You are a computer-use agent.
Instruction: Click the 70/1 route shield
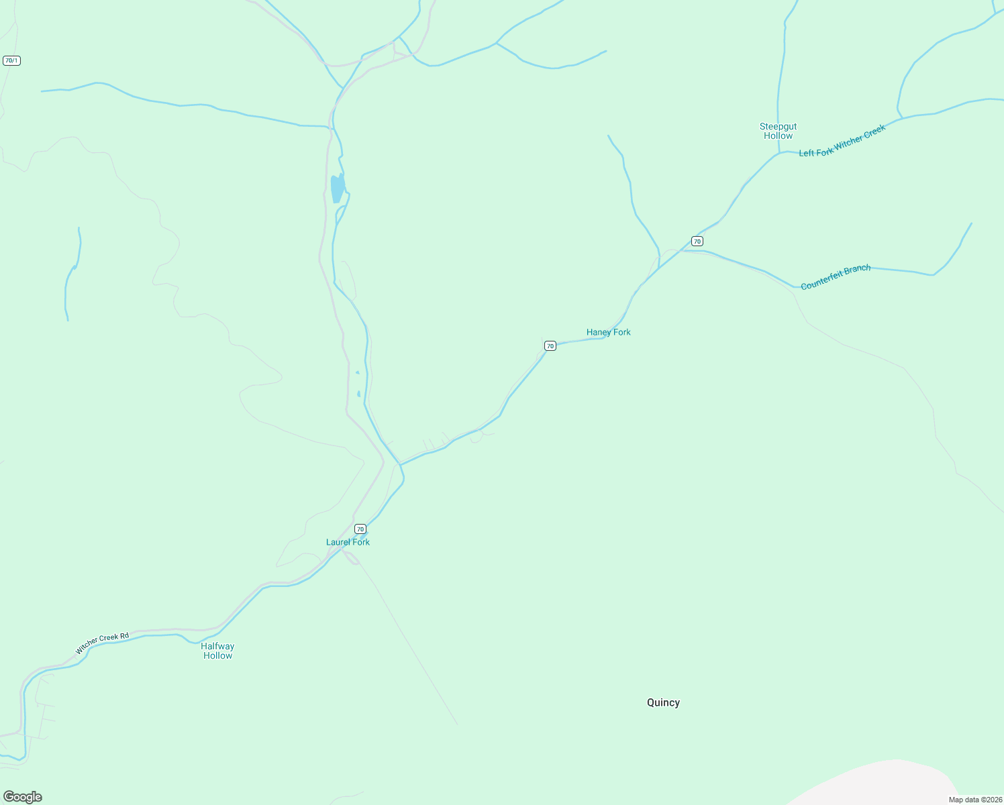pyautogui.click(x=11, y=60)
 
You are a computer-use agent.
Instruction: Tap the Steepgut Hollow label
pyautogui.click(x=778, y=131)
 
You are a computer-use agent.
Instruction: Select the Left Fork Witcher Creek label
pyautogui.click(x=842, y=141)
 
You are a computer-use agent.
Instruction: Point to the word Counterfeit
pyautogui.click(x=823, y=280)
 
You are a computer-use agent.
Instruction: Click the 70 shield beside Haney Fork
pyautogui.click(x=550, y=345)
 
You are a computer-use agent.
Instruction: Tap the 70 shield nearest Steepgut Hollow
pyautogui.click(x=697, y=241)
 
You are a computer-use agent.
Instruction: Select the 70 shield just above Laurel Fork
pyautogui.click(x=360, y=529)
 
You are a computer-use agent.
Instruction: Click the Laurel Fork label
pyautogui.click(x=348, y=542)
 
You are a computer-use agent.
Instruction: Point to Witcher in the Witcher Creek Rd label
pyautogui.click(x=87, y=645)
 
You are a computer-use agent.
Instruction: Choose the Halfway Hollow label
pyautogui.click(x=217, y=651)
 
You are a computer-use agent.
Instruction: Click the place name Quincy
pyautogui.click(x=663, y=702)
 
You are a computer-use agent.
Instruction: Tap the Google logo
pyautogui.click(x=22, y=797)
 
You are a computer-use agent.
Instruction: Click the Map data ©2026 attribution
pyautogui.click(x=974, y=800)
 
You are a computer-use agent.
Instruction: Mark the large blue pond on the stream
pyautogui.click(x=338, y=188)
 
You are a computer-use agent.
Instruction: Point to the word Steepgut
pyautogui.click(x=778, y=126)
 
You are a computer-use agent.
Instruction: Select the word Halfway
pyautogui.click(x=217, y=646)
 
